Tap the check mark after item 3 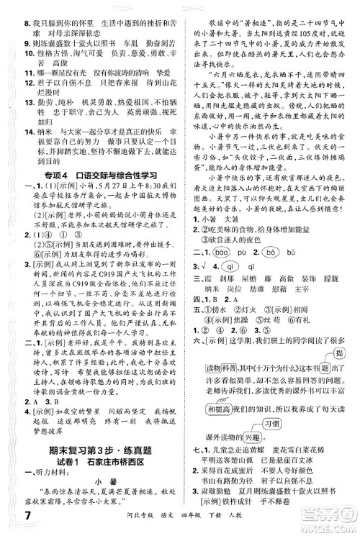(x=205, y=266)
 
